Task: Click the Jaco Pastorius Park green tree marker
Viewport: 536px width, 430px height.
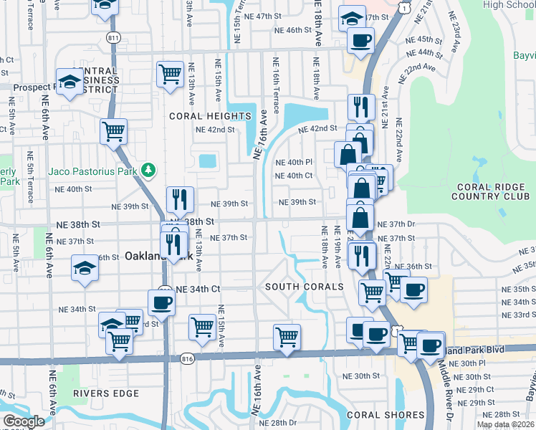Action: [x=148, y=171]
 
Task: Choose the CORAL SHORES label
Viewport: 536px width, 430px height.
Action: [x=386, y=415]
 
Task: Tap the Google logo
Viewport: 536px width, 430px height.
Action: [x=23, y=421]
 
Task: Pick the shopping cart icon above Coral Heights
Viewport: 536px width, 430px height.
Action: [x=170, y=74]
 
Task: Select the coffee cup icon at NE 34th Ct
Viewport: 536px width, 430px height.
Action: [x=161, y=301]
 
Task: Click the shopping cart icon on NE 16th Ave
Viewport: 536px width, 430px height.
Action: [x=287, y=335]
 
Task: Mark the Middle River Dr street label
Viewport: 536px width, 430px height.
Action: [x=443, y=387]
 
